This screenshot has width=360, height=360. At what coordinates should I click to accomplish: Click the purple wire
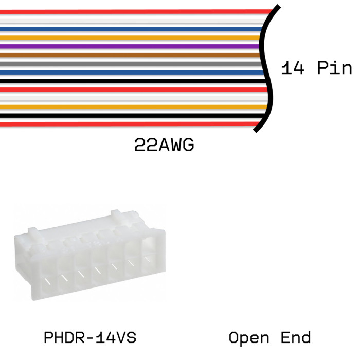(130, 46)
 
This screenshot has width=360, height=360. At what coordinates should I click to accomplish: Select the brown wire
(130, 55)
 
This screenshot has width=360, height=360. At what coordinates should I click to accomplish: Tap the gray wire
(131, 64)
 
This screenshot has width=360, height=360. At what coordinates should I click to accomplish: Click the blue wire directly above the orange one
(131, 29)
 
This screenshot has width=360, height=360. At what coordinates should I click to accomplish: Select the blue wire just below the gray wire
(132, 73)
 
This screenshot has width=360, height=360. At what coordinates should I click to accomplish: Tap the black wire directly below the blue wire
(133, 81)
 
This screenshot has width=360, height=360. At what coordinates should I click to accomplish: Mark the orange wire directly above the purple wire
(130, 38)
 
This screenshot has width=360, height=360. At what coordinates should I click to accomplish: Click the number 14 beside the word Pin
(293, 68)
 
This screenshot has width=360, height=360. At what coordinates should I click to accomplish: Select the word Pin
(334, 67)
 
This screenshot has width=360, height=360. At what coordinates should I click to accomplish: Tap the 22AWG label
(164, 145)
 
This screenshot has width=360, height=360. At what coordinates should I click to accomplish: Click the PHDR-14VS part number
(90, 337)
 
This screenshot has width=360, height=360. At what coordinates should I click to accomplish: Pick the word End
(296, 337)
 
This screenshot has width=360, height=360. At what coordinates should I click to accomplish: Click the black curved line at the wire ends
(266, 68)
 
